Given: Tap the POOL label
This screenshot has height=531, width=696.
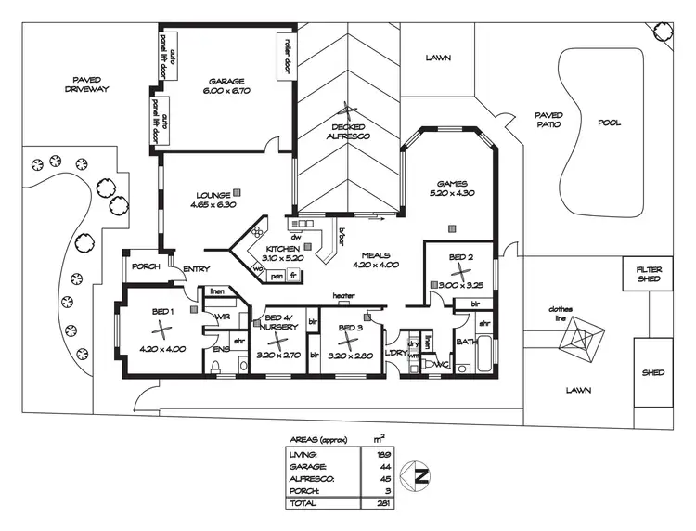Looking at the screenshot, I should pos(609,123).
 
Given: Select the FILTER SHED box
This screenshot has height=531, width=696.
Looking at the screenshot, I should pos(649,274).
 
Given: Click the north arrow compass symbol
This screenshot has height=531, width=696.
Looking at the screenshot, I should pos(421,478).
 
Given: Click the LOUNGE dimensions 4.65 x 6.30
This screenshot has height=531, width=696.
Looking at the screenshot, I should pos(214,204).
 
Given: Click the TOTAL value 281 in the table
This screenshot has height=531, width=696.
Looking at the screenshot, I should pos(381,503).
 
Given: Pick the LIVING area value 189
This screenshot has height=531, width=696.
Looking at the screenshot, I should pos(381,455).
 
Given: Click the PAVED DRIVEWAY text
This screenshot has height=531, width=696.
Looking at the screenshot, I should pos(87,84).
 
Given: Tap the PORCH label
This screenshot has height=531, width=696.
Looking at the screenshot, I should pos(146,266).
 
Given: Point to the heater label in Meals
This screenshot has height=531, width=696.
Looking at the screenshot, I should pos(344,296).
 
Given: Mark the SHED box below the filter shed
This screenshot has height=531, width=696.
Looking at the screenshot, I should pos(653,372).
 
